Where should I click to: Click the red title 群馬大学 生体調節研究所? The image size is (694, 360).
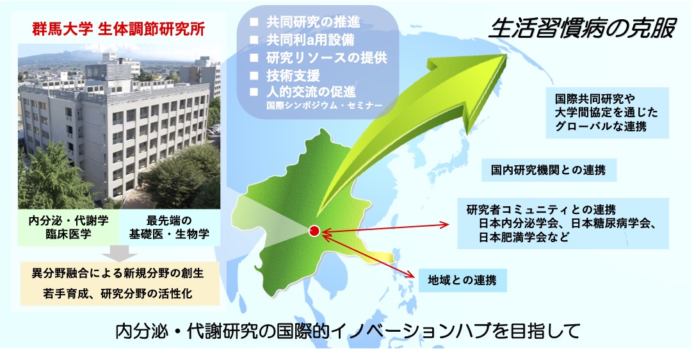tap(118, 29)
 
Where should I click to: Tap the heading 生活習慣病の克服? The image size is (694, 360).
tap(582, 29)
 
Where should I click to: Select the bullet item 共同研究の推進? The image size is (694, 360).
tap(313, 22)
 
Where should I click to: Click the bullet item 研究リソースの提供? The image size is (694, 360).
tap(327, 58)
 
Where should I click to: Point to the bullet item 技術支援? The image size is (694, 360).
tap(293, 76)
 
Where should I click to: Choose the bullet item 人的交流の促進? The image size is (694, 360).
tap(311, 92)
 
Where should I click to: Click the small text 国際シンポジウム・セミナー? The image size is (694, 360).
tap(325, 106)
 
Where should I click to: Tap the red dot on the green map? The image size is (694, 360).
tap(314, 231)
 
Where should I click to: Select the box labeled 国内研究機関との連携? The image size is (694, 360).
tap(549, 170)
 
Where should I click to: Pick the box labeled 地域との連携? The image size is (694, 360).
tap(462, 281)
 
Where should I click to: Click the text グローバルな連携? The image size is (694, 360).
tap(601, 126)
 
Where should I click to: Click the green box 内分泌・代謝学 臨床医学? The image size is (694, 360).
tap(69, 227)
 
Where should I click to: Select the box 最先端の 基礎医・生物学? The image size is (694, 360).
tap(170, 227)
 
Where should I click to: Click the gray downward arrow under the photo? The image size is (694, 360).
tap(119, 253)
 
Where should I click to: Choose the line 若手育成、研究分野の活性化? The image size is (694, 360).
tap(118, 293)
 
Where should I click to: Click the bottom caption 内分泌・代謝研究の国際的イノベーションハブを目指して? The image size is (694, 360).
tap(348, 331)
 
